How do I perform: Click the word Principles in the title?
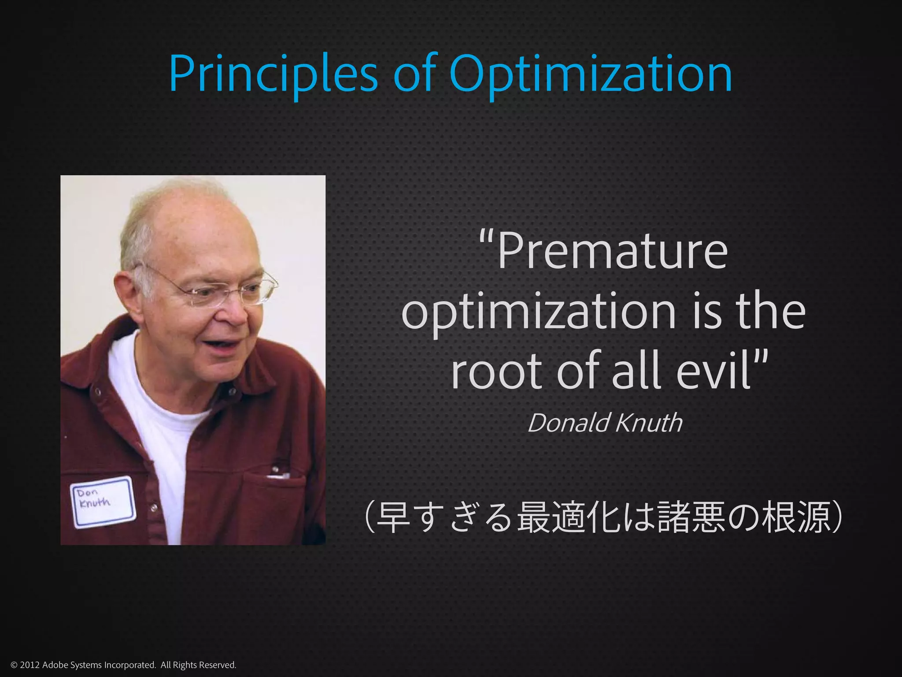[273, 74]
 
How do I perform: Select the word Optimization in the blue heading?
[590, 74]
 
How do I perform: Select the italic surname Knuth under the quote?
[649, 423]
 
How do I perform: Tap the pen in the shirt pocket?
[277, 474]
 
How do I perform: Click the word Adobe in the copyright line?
[55, 665]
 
